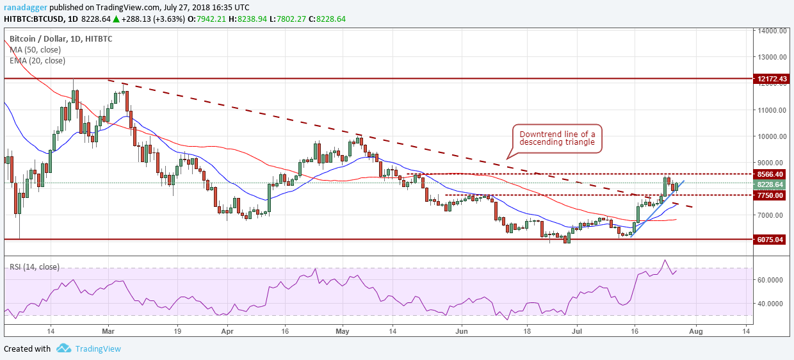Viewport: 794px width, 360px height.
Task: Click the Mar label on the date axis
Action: pyautogui.click(x=108, y=331)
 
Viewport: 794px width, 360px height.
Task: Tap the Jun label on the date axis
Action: pyautogui.click(x=461, y=331)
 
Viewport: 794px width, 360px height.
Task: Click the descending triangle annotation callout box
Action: pyautogui.click(x=557, y=137)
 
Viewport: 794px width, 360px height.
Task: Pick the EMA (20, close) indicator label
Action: pyautogui.click(x=39, y=61)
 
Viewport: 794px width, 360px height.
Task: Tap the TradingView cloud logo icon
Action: pyautogui.click(x=63, y=348)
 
